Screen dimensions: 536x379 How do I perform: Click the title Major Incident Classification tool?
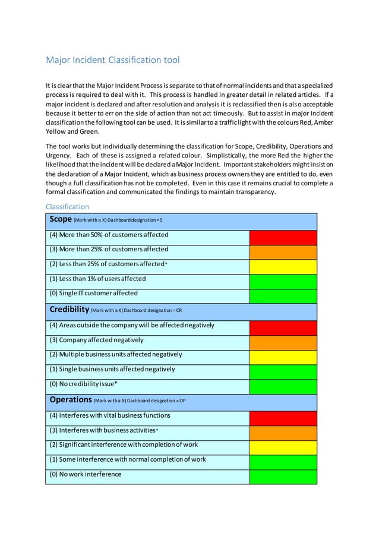click(x=113, y=60)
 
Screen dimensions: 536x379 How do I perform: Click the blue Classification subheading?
click(x=68, y=207)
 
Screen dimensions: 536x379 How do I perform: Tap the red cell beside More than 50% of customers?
click(x=283, y=237)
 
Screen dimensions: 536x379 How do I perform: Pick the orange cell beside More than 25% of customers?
click(x=283, y=251)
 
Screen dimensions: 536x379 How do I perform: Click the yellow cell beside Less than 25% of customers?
click(x=283, y=266)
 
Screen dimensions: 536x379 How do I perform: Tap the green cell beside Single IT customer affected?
click(x=283, y=295)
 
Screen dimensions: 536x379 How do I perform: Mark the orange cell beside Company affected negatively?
click(x=283, y=342)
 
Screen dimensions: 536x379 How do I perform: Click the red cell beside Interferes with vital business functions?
click(x=283, y=418)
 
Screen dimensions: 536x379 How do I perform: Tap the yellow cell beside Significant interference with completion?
click(x=283, y=447)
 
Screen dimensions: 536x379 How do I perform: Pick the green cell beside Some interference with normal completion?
click(x=283, y=462)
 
